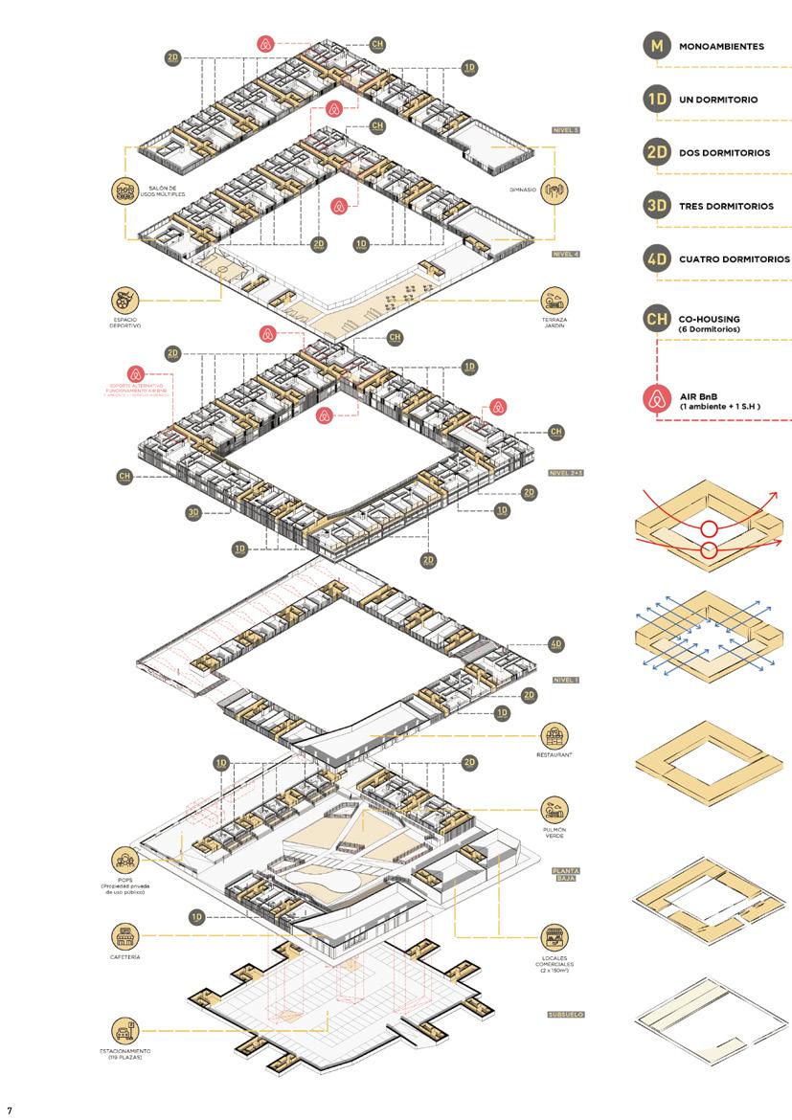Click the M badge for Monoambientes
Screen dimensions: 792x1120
point(655,46)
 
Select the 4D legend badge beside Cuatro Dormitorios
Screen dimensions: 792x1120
point(655,259)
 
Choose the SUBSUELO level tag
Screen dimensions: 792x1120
point(566,1015)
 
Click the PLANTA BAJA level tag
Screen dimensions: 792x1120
point(569,876)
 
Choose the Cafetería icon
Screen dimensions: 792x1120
point(125,935)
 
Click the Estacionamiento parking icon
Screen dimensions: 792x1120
point(125,1030)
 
